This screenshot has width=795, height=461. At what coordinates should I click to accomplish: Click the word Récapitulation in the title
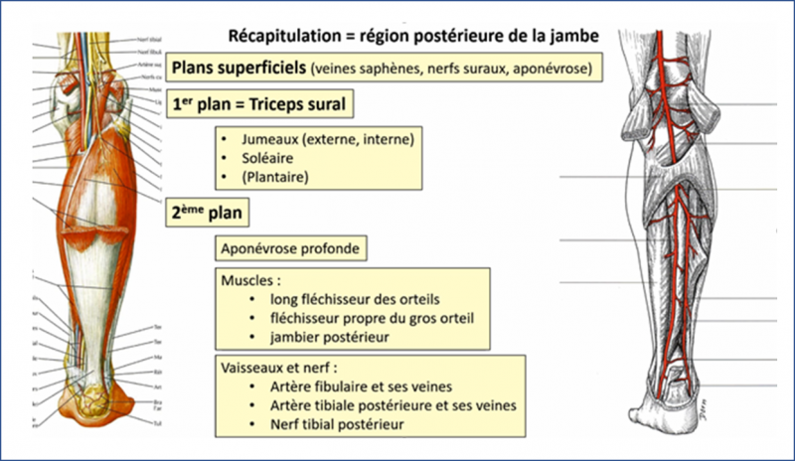[x=281, y=36]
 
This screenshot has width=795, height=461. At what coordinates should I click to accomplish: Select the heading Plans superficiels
[x=238, y=68]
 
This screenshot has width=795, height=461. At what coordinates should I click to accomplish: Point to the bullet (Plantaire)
[x=275, y=177]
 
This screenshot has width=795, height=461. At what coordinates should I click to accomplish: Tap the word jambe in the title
[x=577, y=36]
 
